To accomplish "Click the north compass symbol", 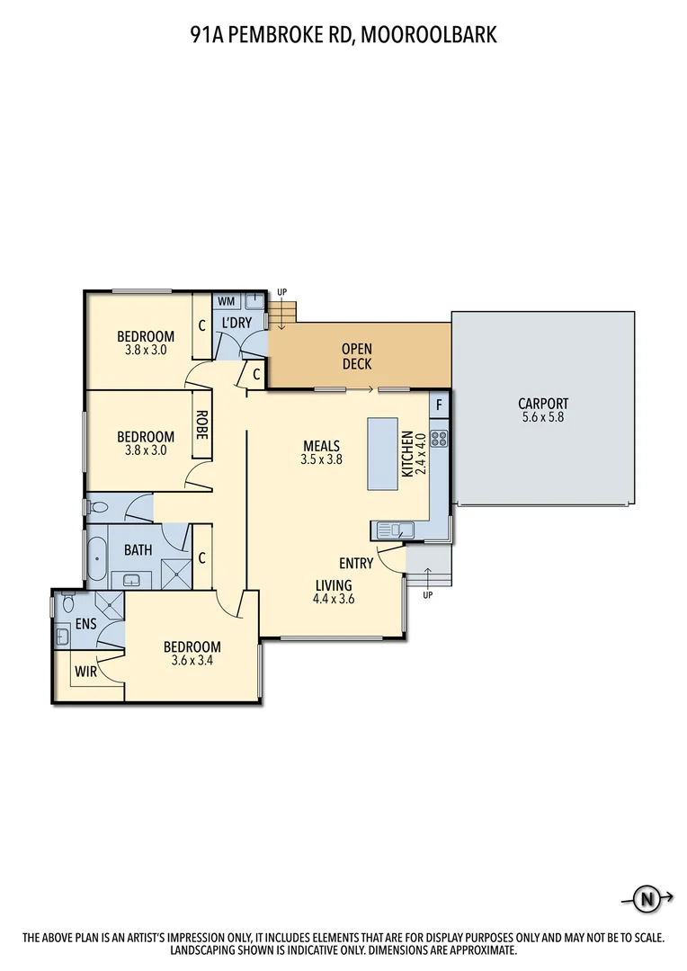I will click(645, 897).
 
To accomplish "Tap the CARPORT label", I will click(543, 405).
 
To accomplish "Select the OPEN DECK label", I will click(356, 356).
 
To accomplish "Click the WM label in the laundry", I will click(226, 300).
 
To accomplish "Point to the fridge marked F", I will click(439, 405).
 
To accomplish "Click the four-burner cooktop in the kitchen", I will click(440, 439).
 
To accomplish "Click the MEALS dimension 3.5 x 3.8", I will click(321, 459).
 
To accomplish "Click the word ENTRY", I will click(356, 564).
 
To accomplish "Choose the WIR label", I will click(85, 671).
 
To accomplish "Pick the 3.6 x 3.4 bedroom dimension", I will click(192, 661).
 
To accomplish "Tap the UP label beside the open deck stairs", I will click(282, 292).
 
